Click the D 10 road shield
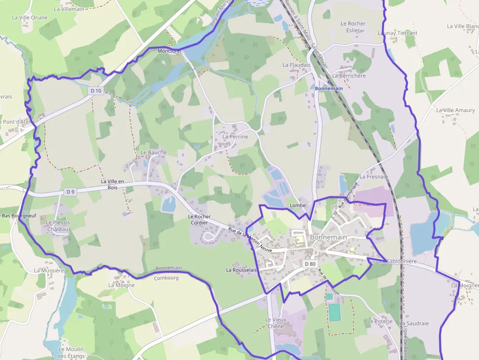[96, 91]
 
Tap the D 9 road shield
[70, 192]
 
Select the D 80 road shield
[310, 264]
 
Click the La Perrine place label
[235, 137]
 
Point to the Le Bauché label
[153, 152]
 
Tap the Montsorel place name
[170, 51]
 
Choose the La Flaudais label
[297, 65]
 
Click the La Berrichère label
[348, 76]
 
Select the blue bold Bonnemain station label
[329, 89]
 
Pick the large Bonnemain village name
[328, 237]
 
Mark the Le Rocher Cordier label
[198, 219]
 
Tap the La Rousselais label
[241, 270]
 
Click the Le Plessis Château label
[58, 226]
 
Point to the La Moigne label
[121, 285]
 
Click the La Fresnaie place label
[373, 177]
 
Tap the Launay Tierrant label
[397, 33]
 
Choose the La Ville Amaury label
[456, 110]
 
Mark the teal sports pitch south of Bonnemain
[334, 312]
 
